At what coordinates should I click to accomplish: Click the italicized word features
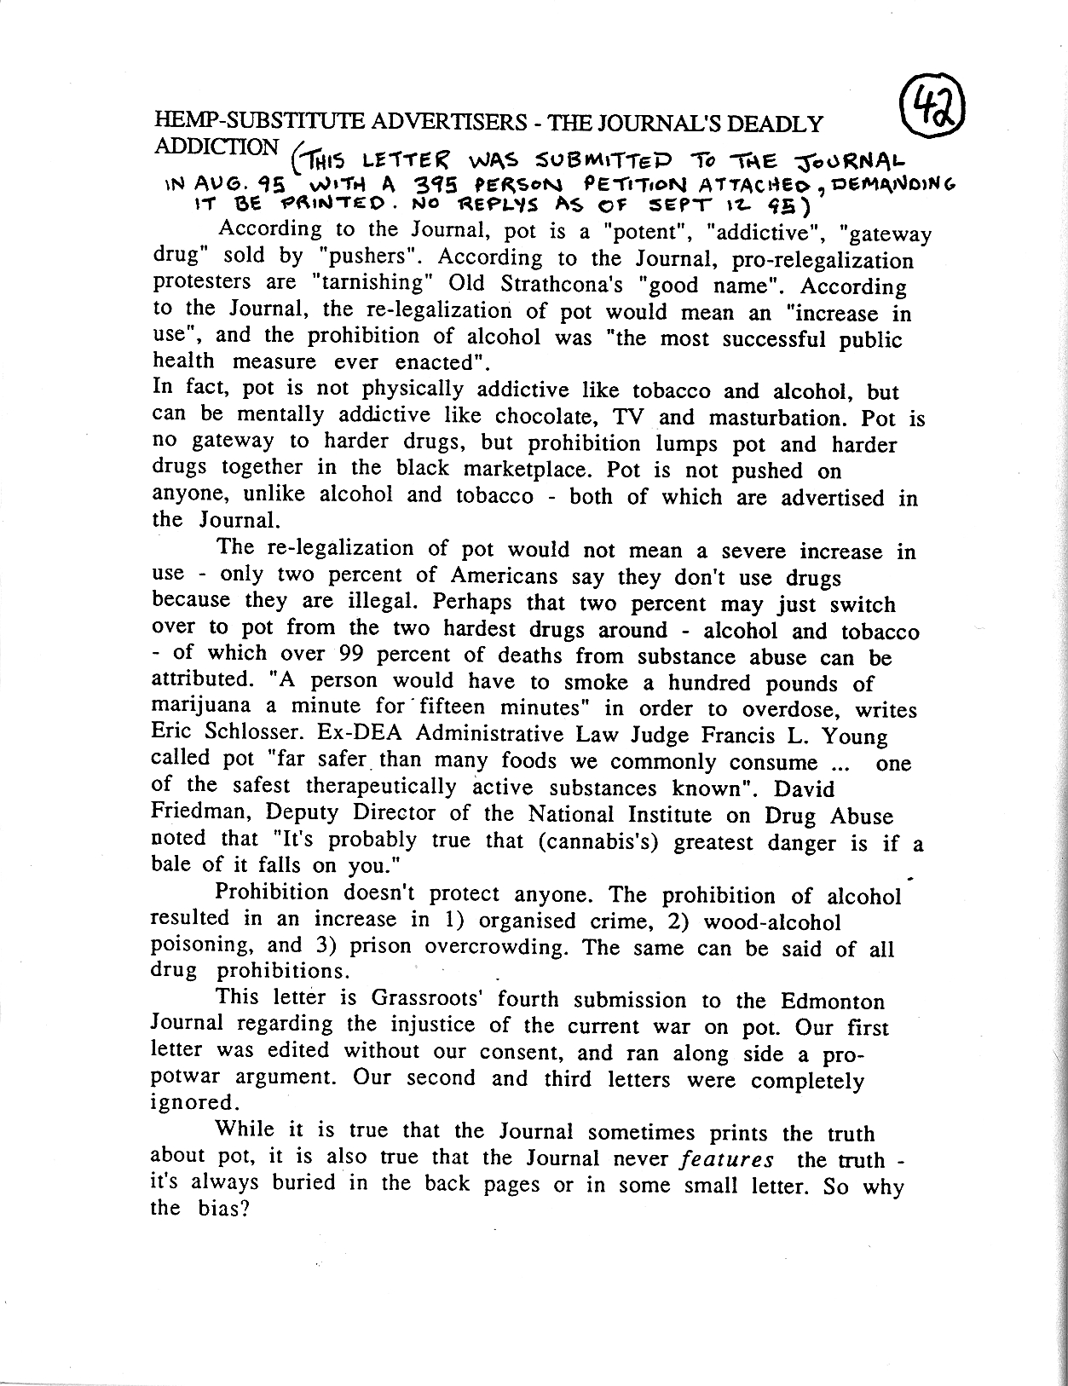click(x=728, y=1160)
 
